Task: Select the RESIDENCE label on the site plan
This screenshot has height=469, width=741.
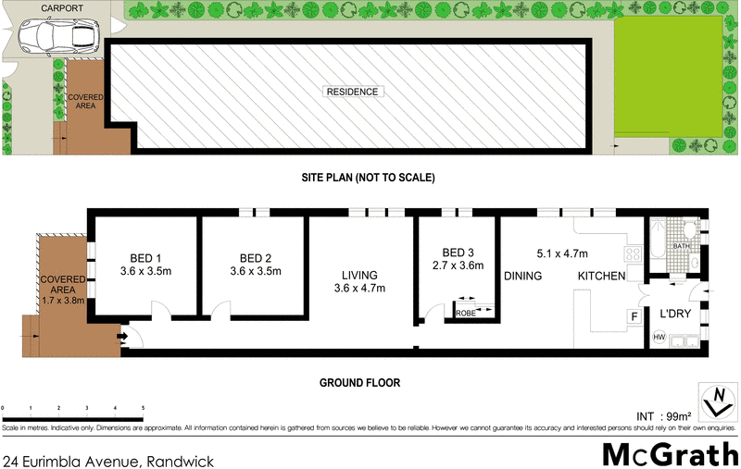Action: [x=351, y=93]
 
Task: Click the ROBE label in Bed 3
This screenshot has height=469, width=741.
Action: [x=465, y=315]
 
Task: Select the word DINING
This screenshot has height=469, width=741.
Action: [x=523, y=276]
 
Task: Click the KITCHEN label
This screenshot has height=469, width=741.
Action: [x=601, y=276]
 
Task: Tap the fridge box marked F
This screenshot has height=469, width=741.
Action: [x=634, y=316]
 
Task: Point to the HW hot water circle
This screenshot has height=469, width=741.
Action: [x=659, y=338]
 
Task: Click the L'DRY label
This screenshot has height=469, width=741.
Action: [x=675, y=315]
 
